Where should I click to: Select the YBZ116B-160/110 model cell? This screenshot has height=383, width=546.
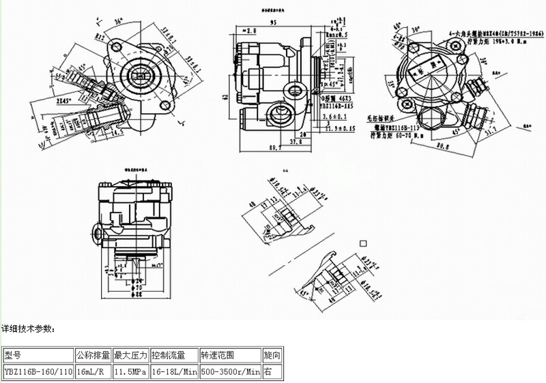pyautogui.click(x=38, y=372)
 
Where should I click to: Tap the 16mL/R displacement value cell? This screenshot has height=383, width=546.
pyautogui.click(x=91, y=372)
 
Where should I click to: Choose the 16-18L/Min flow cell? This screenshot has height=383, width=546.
pyautogui.click(x=174, y=372)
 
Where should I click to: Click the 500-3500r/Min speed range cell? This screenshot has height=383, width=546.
pyautogui.click(x=230, y=372)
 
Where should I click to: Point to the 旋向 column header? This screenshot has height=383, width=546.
pyautogui.click(x=271, y=355)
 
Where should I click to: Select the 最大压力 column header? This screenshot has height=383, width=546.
pyautogui.click(x=130, y=355)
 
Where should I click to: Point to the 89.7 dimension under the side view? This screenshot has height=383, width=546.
pyautogui.click(x=276, y=147)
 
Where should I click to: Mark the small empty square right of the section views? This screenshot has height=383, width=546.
pyautogui.click(x=363, y=242)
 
